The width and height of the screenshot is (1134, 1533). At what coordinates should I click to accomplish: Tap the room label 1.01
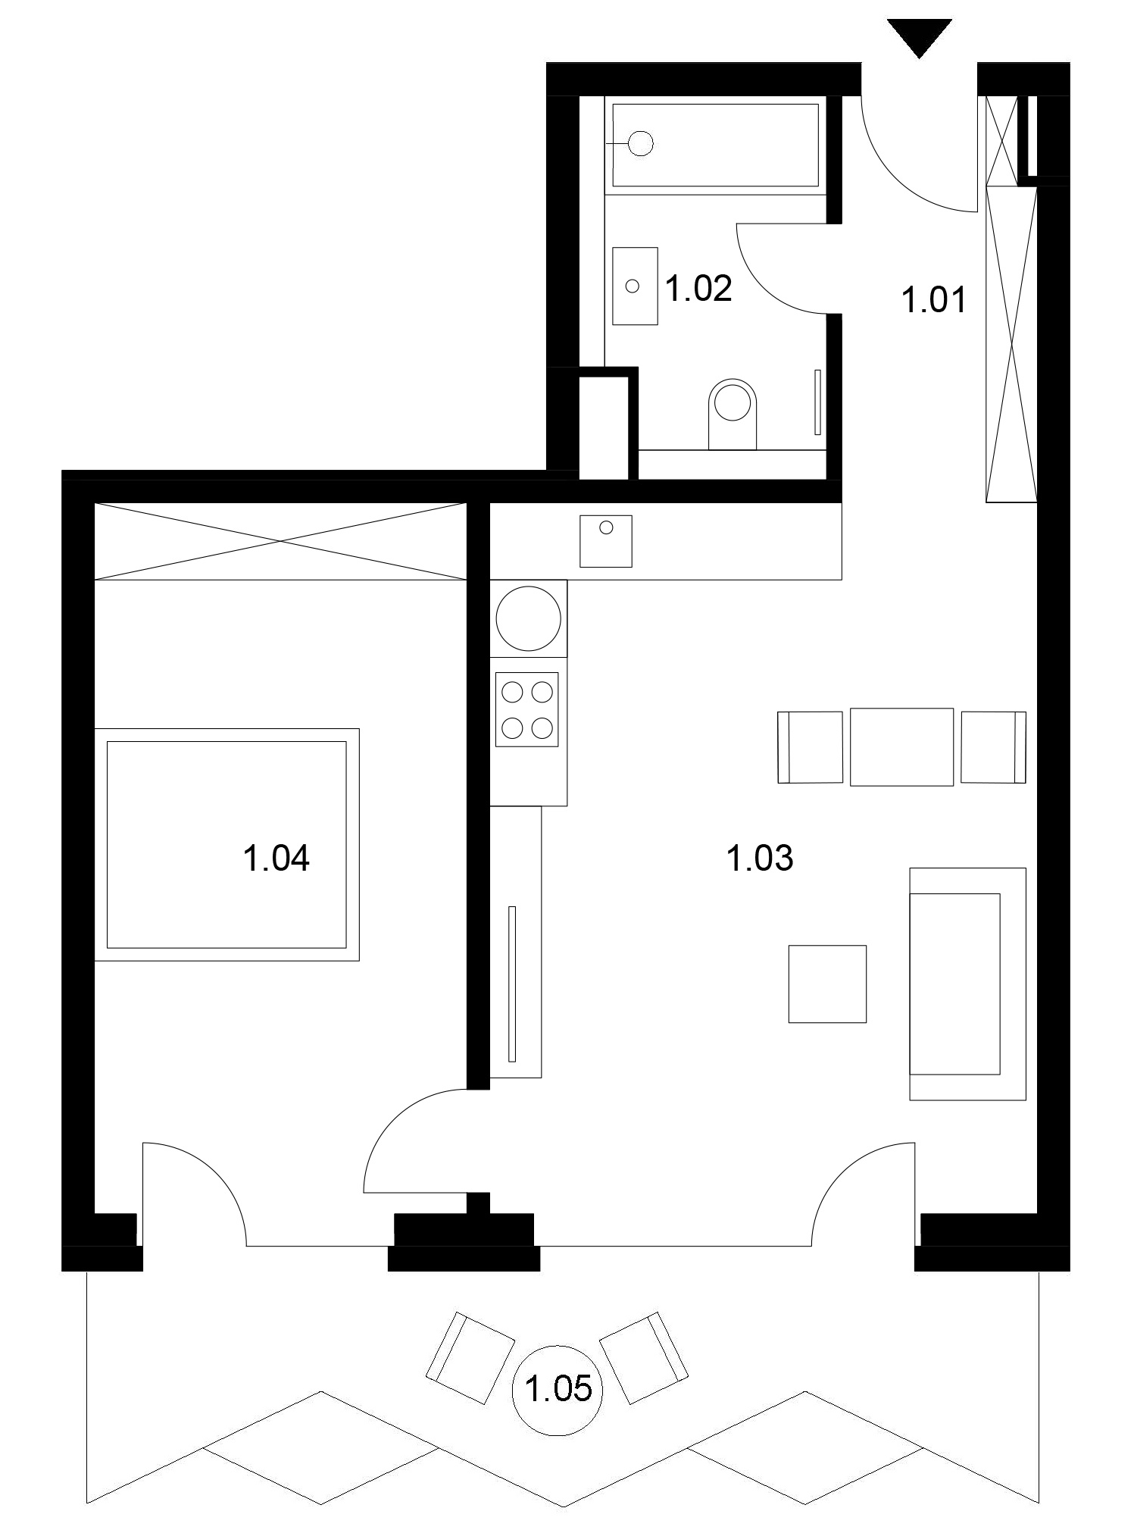pos(934,300)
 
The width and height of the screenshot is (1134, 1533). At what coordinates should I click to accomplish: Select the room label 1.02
pos(698,289)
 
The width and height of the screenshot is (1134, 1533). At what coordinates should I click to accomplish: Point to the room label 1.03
pos(760,859)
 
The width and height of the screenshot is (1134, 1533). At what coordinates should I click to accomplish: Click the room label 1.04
pos(276,859)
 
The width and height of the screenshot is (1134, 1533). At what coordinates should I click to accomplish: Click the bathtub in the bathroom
pos(715,145)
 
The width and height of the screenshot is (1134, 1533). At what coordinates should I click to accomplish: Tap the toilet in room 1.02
pos(733,414)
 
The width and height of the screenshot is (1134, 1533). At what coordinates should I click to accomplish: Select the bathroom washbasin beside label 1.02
pos(635,286)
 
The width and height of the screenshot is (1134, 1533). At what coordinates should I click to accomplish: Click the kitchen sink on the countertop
pos(606,540)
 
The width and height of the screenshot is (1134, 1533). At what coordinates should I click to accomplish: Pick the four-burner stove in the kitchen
pos(527,709)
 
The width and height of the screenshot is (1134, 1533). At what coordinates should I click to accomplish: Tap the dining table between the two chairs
pos(901,746)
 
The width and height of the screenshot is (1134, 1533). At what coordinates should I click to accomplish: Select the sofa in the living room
pos(967,984)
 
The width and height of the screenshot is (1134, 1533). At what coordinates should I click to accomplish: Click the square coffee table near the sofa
pos(827,984)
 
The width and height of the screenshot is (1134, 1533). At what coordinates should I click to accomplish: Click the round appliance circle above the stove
pos(530,618)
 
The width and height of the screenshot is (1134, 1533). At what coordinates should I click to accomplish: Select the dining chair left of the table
pos(810,746)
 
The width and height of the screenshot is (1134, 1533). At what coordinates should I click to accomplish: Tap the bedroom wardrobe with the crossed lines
pos(280,541)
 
